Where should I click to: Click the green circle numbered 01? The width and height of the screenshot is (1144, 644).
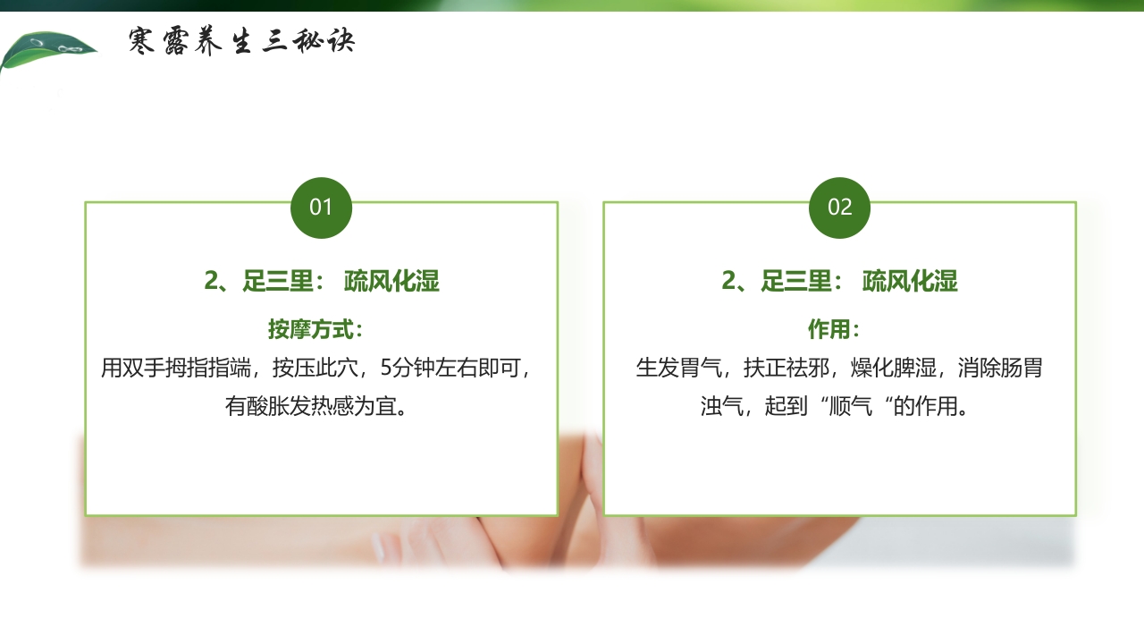[321, 208]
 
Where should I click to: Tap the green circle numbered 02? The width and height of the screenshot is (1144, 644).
[839, 208]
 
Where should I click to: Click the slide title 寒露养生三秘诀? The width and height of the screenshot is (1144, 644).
[241, 41]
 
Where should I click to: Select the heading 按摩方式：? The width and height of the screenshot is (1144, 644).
[316, 329]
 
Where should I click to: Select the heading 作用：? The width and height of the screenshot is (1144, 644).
[834, 329]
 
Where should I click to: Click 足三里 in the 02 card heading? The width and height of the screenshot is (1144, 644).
[795, 282]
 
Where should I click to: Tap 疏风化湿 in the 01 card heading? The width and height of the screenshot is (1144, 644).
[391, 282]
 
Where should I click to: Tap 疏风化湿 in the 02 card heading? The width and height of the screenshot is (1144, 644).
[910, 282]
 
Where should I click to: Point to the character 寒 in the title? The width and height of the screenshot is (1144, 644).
[143, 41]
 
